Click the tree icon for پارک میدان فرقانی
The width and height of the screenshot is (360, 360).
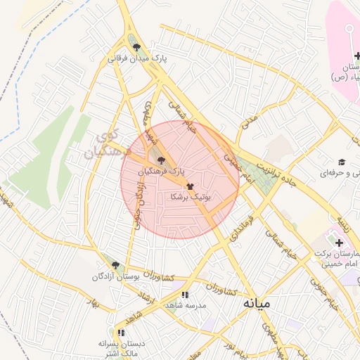136,47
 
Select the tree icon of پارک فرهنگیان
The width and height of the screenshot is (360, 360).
162,160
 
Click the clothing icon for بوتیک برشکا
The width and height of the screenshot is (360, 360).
190,186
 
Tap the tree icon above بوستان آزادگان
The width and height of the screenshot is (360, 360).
116,265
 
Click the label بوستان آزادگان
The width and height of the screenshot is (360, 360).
117,278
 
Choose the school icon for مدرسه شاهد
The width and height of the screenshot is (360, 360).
185,295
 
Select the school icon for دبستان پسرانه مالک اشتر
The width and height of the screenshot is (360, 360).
121,332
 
